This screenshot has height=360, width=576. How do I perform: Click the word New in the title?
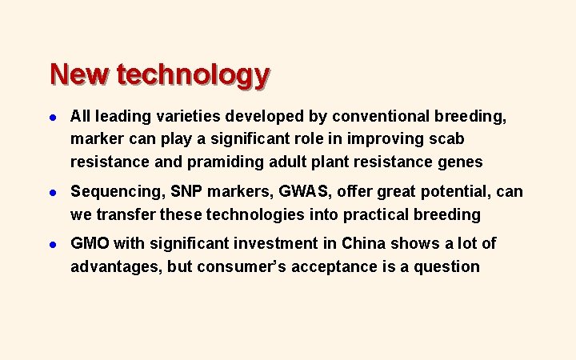[79, 74]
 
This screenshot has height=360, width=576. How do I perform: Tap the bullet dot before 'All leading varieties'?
[53, 117]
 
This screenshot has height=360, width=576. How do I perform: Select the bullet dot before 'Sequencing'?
[53, 192]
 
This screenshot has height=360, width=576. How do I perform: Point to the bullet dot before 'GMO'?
[53, 243]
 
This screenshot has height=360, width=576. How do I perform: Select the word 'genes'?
[460, 162]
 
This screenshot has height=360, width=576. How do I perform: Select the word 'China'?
[365, 243]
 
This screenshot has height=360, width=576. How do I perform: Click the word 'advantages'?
[117, 266]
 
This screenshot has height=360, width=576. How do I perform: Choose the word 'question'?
[447, 266]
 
